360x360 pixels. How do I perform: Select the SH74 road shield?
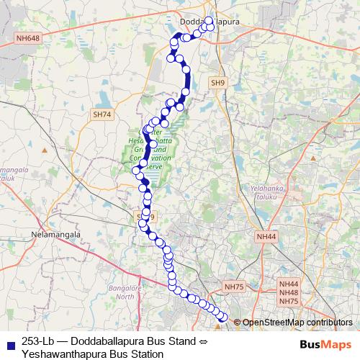coord(102,114)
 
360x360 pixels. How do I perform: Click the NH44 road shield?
coord(266,236)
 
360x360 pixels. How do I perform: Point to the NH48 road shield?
coord(288,293)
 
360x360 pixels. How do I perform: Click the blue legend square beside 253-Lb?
coord(9,342)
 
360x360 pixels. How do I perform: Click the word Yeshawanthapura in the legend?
coord(61,354)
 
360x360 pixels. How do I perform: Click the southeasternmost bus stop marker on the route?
coord(223,318)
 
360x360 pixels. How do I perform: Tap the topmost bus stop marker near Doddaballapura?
coord(210,21)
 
